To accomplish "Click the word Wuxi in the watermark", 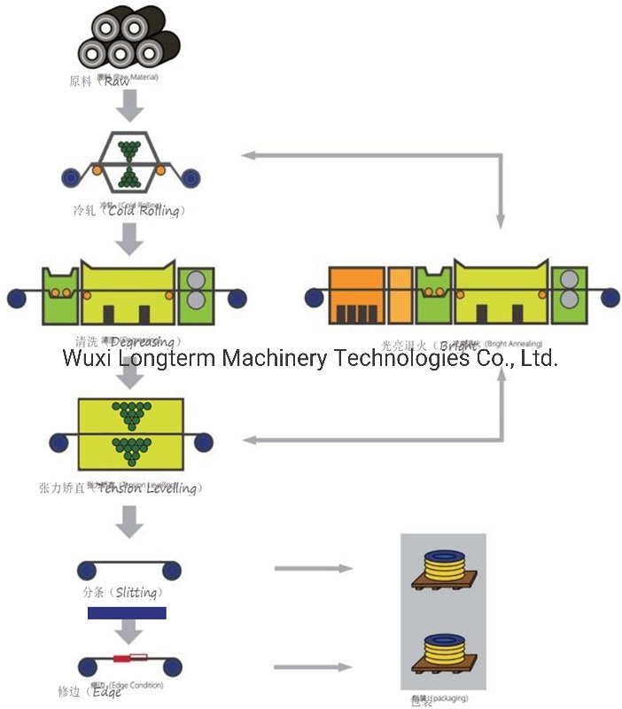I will point(87,358).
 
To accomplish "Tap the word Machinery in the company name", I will point(275,358).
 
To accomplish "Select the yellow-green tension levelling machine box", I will point(130,433).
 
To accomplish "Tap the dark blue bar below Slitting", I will point(127,612).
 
